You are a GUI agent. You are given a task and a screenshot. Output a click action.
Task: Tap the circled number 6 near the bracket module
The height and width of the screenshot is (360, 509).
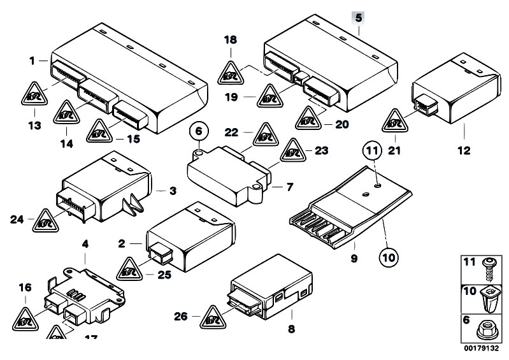pyautogui.click(x=198, y=132)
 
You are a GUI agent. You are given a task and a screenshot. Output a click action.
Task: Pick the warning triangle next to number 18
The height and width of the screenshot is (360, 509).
pyautogui.click(x=231, y=75)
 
